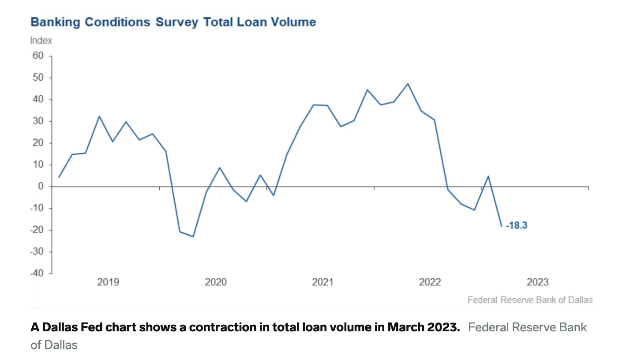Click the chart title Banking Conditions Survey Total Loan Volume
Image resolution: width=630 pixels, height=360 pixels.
tap(173, 22)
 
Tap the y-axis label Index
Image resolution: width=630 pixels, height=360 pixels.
tap(41, 41)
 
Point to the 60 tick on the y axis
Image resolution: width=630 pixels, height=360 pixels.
tap(38, 56)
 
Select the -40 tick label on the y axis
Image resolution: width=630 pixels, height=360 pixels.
tap(37, 273)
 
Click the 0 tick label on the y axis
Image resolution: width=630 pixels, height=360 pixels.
tap(41, 187)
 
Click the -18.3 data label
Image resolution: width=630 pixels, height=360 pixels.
tap(516, 225)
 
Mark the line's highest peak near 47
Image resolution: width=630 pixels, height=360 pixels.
tap(408, 84)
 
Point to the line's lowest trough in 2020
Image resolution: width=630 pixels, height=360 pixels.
tap(193, 236)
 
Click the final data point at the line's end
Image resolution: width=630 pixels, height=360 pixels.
tap(501, 226)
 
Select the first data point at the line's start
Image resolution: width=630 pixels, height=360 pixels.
tap(59, 177)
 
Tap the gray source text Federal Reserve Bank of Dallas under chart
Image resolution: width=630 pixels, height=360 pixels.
tap(530, 300)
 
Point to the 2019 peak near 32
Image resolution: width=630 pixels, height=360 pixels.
tap(99, 116)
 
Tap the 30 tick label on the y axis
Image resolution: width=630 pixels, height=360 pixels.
tap(38, 121)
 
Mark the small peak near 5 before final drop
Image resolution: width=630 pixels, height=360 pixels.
tap(488, 176)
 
